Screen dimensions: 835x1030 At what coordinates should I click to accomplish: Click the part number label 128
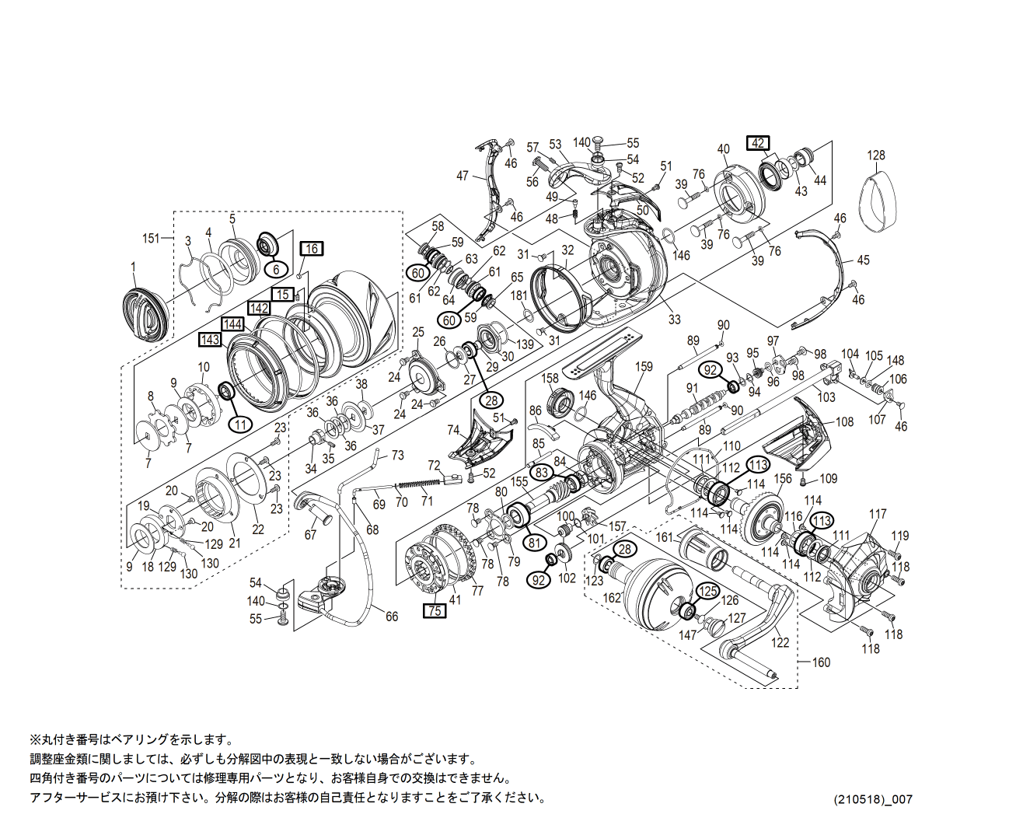(x=876, y=155)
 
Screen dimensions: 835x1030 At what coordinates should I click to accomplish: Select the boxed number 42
(x=758, y=143)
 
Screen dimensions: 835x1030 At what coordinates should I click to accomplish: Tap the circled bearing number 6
(x=275, y=269)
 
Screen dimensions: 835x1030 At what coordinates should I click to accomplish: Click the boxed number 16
(x=312, y=249)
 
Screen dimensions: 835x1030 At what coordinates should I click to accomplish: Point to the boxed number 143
(x=210, y=340)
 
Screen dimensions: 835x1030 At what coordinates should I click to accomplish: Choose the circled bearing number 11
(x=241, y=424)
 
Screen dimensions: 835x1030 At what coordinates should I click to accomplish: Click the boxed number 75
(x=435, y=610)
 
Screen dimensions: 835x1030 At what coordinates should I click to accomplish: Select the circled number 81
(x=534, y=542)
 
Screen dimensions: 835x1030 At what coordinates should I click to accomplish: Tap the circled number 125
(x=707, y=591)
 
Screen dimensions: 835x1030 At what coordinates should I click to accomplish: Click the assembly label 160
(x=821, y=662)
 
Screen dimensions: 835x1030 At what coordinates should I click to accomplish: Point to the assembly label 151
(x=151, y=239)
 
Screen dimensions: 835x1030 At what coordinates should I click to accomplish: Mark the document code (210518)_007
(x=873, y=799)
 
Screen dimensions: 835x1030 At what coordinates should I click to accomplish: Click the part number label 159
(x=644, y=367)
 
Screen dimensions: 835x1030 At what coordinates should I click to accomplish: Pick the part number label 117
(x=878, y=514)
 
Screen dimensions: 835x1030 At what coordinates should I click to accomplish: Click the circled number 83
(x=542, y=472)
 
